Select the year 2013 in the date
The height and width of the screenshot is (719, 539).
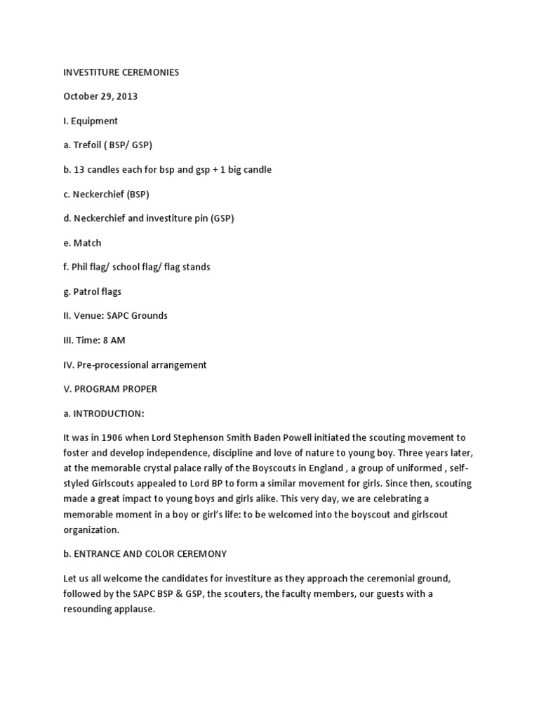(125, 96)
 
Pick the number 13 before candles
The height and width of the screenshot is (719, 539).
(80, 169)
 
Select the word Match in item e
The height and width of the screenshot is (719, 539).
(88, 242)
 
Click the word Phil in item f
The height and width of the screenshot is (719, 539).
(82, 267)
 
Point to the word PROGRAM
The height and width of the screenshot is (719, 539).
(100, 388)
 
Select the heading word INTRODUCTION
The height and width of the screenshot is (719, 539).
(109, 413)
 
